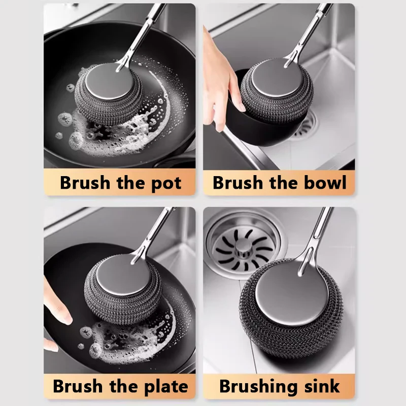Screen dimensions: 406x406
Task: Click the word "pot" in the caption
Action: [164, 183]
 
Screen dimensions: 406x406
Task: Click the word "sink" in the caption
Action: [321, 386]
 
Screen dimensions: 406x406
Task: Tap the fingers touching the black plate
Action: [56, 310]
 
